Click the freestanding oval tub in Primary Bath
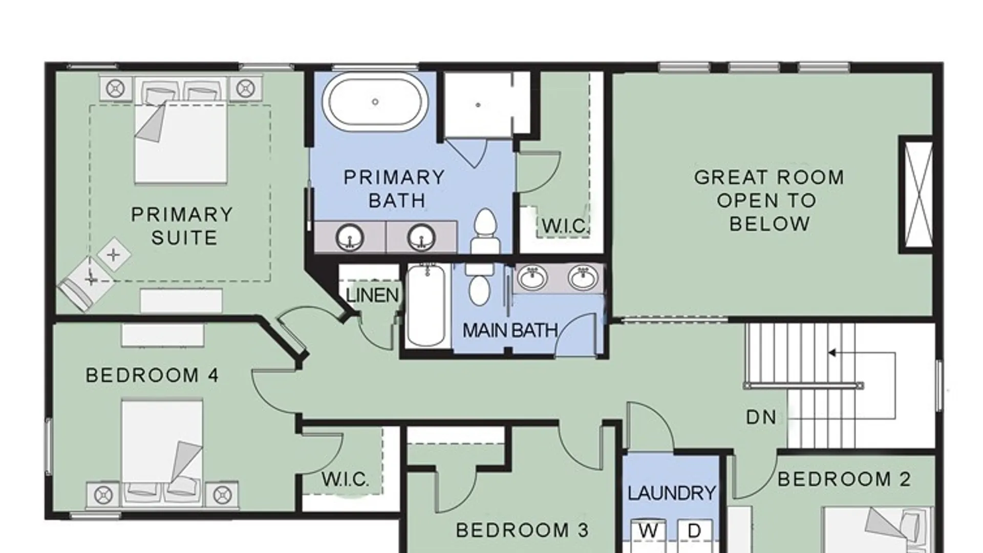pyautogui.click(x=375, y=102)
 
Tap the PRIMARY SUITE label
pyautogui.click(x=182, y=226)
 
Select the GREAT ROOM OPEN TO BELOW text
pyautogui.click(x=769, y=200)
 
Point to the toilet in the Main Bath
pyautogui.click(x=479, y=284)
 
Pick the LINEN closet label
pyautogui.click(x=372, y=295)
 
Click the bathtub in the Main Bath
pyautogui.click(x=426, y=305)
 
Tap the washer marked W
pyautogui.click(x=648, y=535)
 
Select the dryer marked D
pyautogui.click(x=695, y=535)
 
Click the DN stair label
pyautogui.click(x=761, y=417)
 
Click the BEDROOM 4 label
pyautogui.click(x=152, y=375)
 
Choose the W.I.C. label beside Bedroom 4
pyautogui.click(x=345, y=479)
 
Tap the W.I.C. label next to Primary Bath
pyautogui.click(x=565, y=226)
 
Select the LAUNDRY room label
pyautogui.click(x=672, y=493)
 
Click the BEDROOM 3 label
pyautogui.click(x=522, y=530)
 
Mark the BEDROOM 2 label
pyautogui.click(x=844, y=479)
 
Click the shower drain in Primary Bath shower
pyautogui.click(x=478, y=105)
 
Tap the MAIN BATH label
pyautogui.click(x=510, y=330)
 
